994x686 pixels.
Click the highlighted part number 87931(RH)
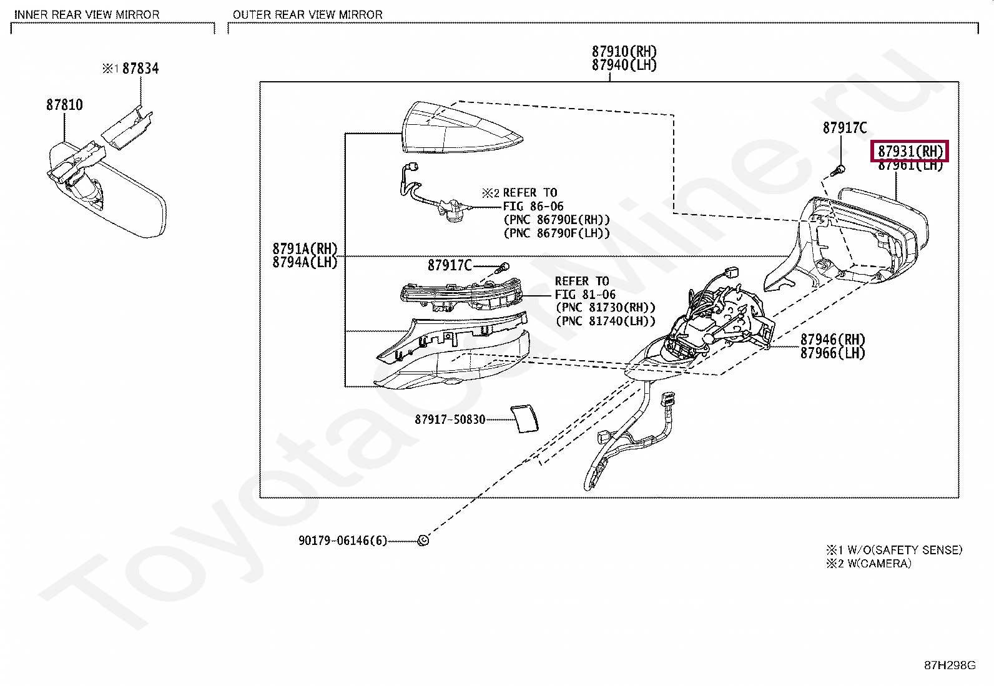pos(910,151)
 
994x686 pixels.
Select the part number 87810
pos(64,105)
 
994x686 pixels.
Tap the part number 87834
pos(140,69)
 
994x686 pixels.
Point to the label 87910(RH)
pos(624,52)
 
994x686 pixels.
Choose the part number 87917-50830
pos(450,419)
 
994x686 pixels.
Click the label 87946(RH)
pos(833,340)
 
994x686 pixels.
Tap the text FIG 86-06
pos(533,206)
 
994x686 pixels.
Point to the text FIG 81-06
pos(585,295)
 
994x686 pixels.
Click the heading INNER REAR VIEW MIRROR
pos(87,14)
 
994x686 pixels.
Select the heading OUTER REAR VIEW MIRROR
pos(307,14)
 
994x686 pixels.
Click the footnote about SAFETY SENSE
pos(894,550)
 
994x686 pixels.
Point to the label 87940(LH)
pos(624,66)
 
